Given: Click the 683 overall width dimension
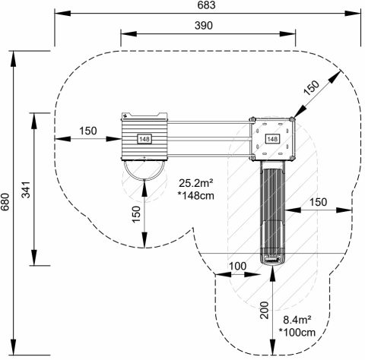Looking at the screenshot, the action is pos(206,5).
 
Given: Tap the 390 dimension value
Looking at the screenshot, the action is pos(204,26).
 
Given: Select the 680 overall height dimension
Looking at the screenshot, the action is pos(5,202).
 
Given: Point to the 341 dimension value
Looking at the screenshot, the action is pos(26,190).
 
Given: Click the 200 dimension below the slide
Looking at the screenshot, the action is pos(265,310).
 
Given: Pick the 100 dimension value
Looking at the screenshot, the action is pos(237,266).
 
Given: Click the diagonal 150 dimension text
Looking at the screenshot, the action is pos(312,87).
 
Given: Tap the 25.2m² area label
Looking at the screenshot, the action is pos(196,183).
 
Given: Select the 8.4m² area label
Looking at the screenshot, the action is pos(297,320).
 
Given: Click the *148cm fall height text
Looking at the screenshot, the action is pos(196,196).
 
